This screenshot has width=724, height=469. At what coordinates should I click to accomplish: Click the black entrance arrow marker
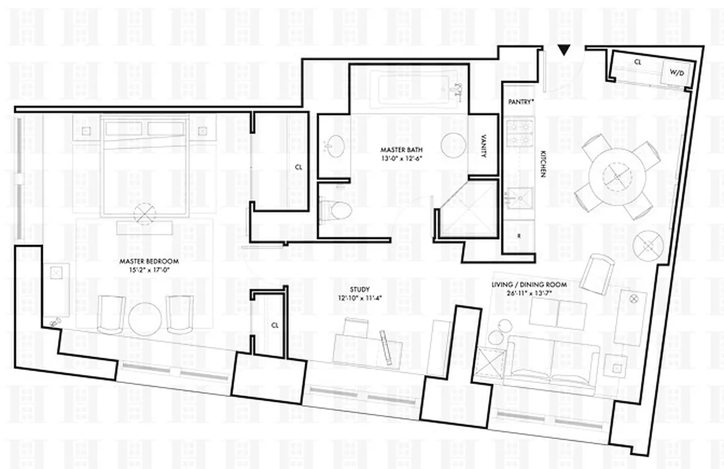(x=564, y=51)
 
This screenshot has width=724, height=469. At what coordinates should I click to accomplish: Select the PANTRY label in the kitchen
(x=521, y=101)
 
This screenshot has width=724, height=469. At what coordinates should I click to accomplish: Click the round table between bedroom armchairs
(x=145, y=318)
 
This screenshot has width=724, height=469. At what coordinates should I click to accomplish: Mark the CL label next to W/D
(x=637, y=61)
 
